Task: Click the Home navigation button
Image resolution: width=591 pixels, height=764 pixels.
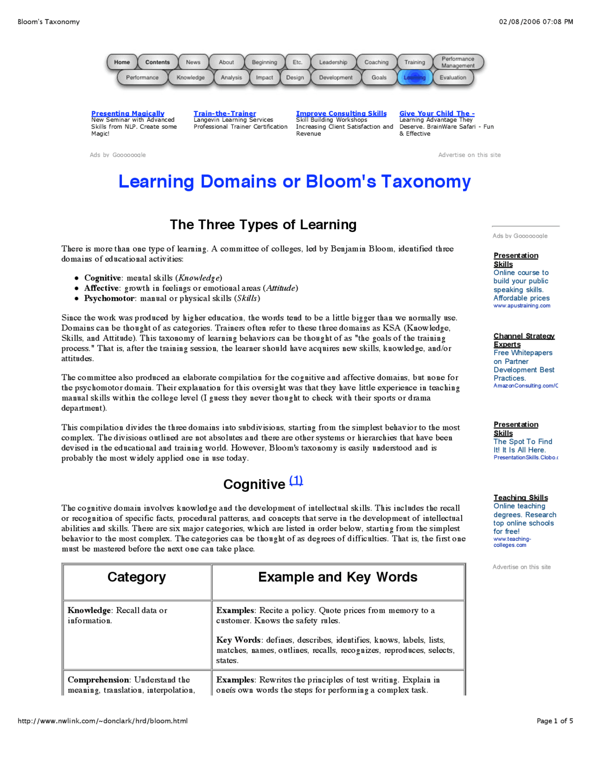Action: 122,62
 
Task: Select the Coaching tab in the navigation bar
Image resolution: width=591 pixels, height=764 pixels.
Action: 376,62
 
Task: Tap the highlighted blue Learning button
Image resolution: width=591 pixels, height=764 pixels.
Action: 415,78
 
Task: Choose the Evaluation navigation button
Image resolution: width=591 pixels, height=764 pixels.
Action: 452,78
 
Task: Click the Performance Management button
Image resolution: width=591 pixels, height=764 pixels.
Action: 458,62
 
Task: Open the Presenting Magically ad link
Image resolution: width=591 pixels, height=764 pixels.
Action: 127,113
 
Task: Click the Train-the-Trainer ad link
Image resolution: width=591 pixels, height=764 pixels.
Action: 224,113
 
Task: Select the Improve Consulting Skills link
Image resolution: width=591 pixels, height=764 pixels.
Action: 341,113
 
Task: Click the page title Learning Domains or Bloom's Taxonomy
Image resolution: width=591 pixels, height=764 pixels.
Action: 295,182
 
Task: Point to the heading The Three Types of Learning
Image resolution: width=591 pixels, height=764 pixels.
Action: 263,225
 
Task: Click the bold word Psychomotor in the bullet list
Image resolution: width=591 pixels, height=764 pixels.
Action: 109,298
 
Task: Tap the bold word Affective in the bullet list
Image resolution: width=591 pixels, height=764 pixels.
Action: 102,288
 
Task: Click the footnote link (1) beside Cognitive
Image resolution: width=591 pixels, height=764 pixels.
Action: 296,481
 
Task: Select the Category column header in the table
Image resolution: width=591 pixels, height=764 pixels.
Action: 137,577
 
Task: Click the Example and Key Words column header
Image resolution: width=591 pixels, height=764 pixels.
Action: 338,577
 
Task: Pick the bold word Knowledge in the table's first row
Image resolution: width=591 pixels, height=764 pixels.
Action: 89,610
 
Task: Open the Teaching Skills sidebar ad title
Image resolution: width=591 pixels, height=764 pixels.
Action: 520,498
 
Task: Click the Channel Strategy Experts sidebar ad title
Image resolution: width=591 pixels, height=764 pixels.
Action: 524,340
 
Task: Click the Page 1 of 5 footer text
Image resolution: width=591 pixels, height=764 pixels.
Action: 555,721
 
